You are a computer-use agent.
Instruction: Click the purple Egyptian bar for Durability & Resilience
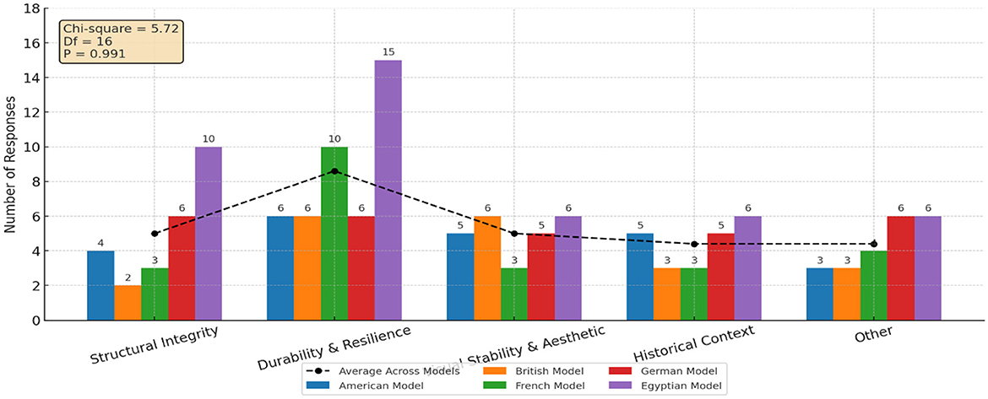(388, 191)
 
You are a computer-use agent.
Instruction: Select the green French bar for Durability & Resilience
(334, 234)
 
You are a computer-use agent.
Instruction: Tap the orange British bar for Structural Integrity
(128, 303)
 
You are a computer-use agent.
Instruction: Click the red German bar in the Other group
(900, 268)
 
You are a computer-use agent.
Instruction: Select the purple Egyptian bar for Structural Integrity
(209, 234)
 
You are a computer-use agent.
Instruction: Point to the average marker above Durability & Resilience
(334, 171)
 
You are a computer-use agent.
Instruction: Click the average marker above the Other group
(873, 244)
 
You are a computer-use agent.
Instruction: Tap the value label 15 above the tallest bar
(388, 52)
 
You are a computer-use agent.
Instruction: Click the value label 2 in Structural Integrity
(128, 278)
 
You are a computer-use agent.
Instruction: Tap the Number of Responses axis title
(12, 163)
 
